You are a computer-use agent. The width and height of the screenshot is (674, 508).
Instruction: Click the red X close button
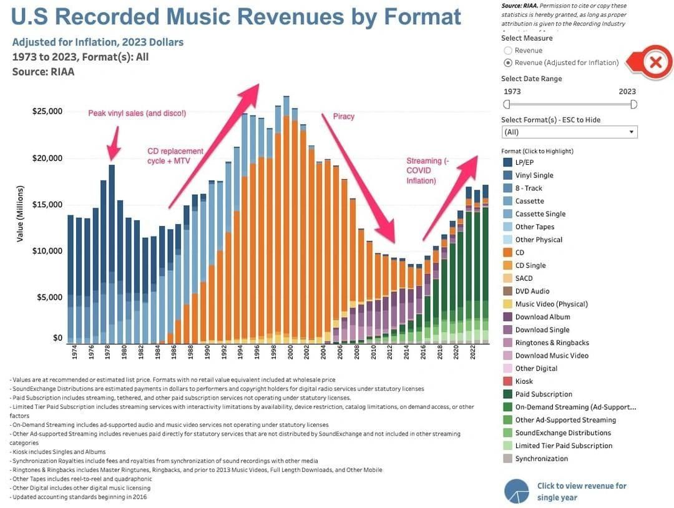[x=655, y=62]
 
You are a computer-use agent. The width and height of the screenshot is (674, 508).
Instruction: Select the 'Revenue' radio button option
[x=508, y=51]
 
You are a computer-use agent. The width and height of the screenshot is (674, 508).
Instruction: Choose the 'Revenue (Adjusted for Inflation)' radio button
[x=508, y=62]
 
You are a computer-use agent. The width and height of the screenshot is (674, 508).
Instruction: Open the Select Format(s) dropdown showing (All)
[x=569, y=132]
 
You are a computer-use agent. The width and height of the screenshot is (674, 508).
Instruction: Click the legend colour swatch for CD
[x=508, y=253]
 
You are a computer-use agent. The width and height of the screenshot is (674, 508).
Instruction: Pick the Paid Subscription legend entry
[x=543, y=394]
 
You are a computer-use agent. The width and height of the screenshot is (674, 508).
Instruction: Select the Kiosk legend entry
[x=524, y=381]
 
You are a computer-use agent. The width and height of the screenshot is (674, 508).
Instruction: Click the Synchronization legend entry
[x=541, y=459]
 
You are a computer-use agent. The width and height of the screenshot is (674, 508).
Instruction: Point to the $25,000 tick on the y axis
[x=47, y=112]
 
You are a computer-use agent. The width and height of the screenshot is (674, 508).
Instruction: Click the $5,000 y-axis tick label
[x=49, y=298]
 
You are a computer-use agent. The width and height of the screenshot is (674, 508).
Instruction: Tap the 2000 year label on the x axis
[x=290, y=353]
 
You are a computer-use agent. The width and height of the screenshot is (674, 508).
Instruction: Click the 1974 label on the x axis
[x=74, y=353]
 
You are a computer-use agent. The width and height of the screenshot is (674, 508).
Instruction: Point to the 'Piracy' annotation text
[x=343, y=117]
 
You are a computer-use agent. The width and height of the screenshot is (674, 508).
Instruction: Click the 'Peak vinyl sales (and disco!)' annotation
[x=137, y=114]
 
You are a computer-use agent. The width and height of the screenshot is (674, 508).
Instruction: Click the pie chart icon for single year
[x=516, y=491]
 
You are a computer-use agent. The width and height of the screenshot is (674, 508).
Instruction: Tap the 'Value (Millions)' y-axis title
[x=21, y=214]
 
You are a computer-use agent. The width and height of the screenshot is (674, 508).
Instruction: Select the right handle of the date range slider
[x=633, y=104]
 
